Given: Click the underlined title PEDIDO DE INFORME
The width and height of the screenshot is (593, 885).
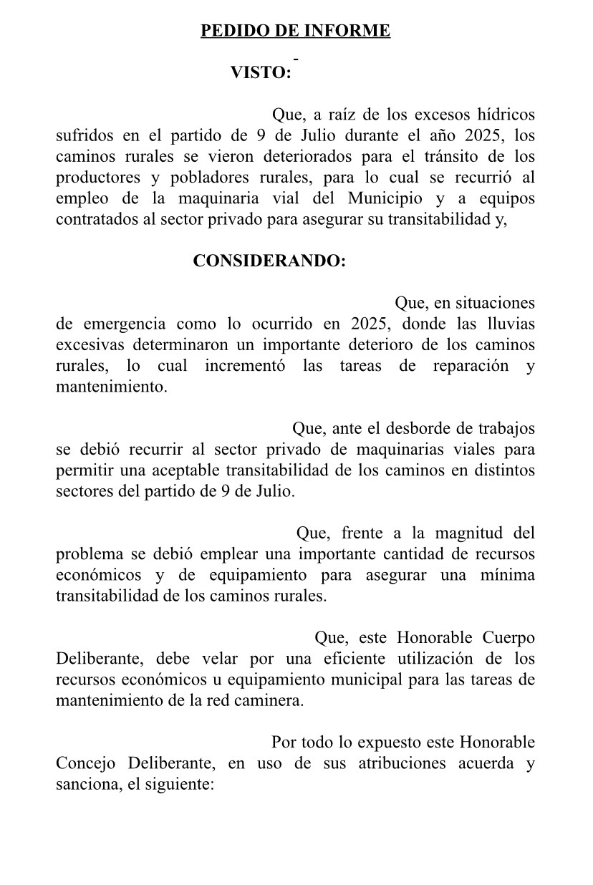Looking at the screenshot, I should point(295,31).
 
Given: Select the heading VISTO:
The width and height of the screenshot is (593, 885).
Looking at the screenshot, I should point(261,72).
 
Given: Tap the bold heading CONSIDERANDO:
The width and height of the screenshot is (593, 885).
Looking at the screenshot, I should point(269,261).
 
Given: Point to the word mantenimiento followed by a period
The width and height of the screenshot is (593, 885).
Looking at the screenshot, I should point(112,387).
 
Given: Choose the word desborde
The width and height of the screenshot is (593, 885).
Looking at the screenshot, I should point(415,429).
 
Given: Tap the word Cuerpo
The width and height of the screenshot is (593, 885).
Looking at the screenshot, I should point(508,638).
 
